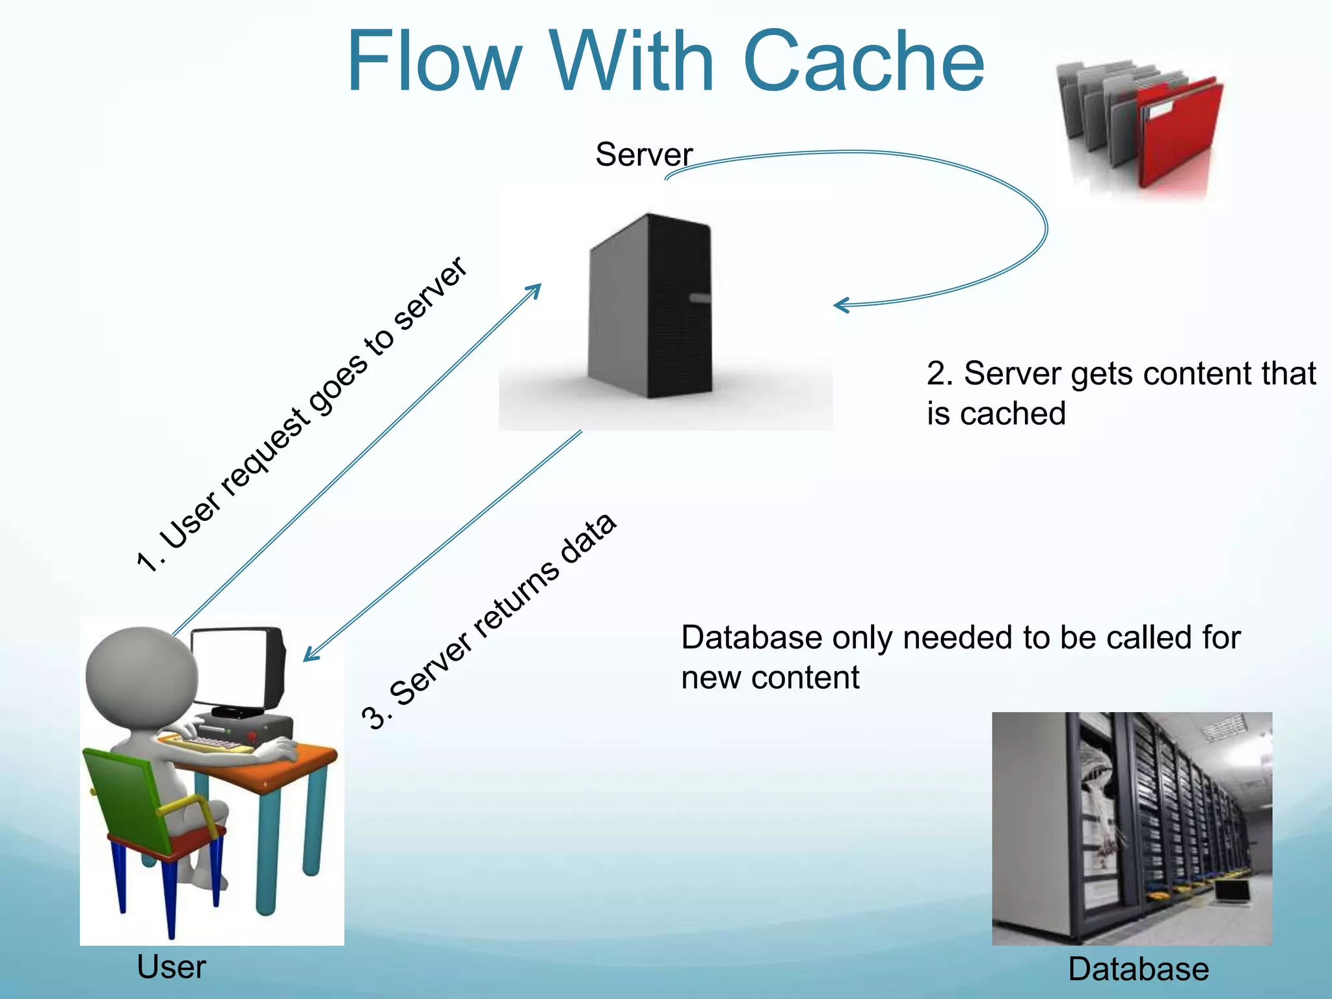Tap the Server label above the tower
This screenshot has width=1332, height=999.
[x=643, y=155]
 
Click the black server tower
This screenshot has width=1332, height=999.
[x=650, y=306]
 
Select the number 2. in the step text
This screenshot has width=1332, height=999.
[x=940, y=374]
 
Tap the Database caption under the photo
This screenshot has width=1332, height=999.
[x=1138, y=969]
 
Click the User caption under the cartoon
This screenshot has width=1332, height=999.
[x=171, y=967]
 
